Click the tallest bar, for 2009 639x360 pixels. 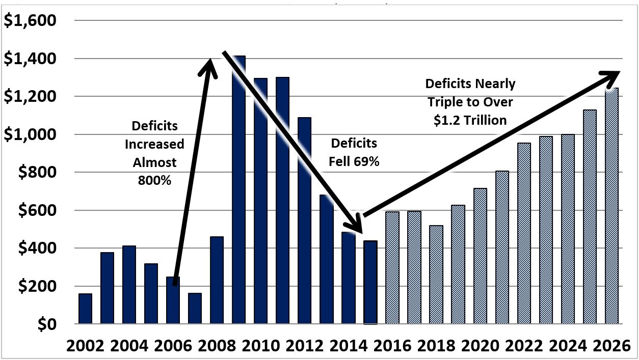[239, 193]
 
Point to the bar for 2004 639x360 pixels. [129, 285]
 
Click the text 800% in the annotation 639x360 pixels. [154, 180]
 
